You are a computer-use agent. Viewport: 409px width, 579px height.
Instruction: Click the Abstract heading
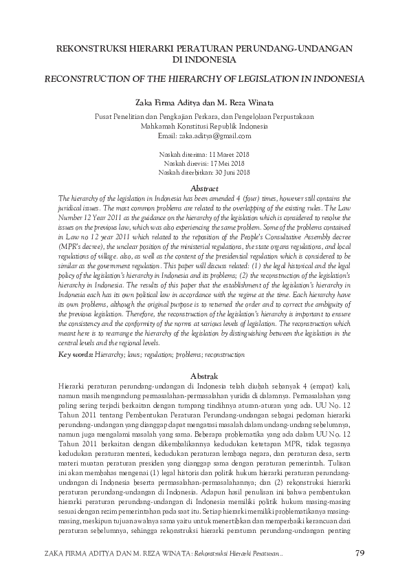(x=204, y=188)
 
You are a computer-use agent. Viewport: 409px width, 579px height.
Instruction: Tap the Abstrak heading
(x=204, y=376)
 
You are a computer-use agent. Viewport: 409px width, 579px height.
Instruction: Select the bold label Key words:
(x=76, y=355)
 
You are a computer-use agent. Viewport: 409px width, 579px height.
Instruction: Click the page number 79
(x=360, y=554)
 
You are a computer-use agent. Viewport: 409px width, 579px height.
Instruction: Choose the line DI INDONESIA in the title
(x=204, y=60)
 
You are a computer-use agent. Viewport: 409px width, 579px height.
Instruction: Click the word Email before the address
(x=167, y=137)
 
